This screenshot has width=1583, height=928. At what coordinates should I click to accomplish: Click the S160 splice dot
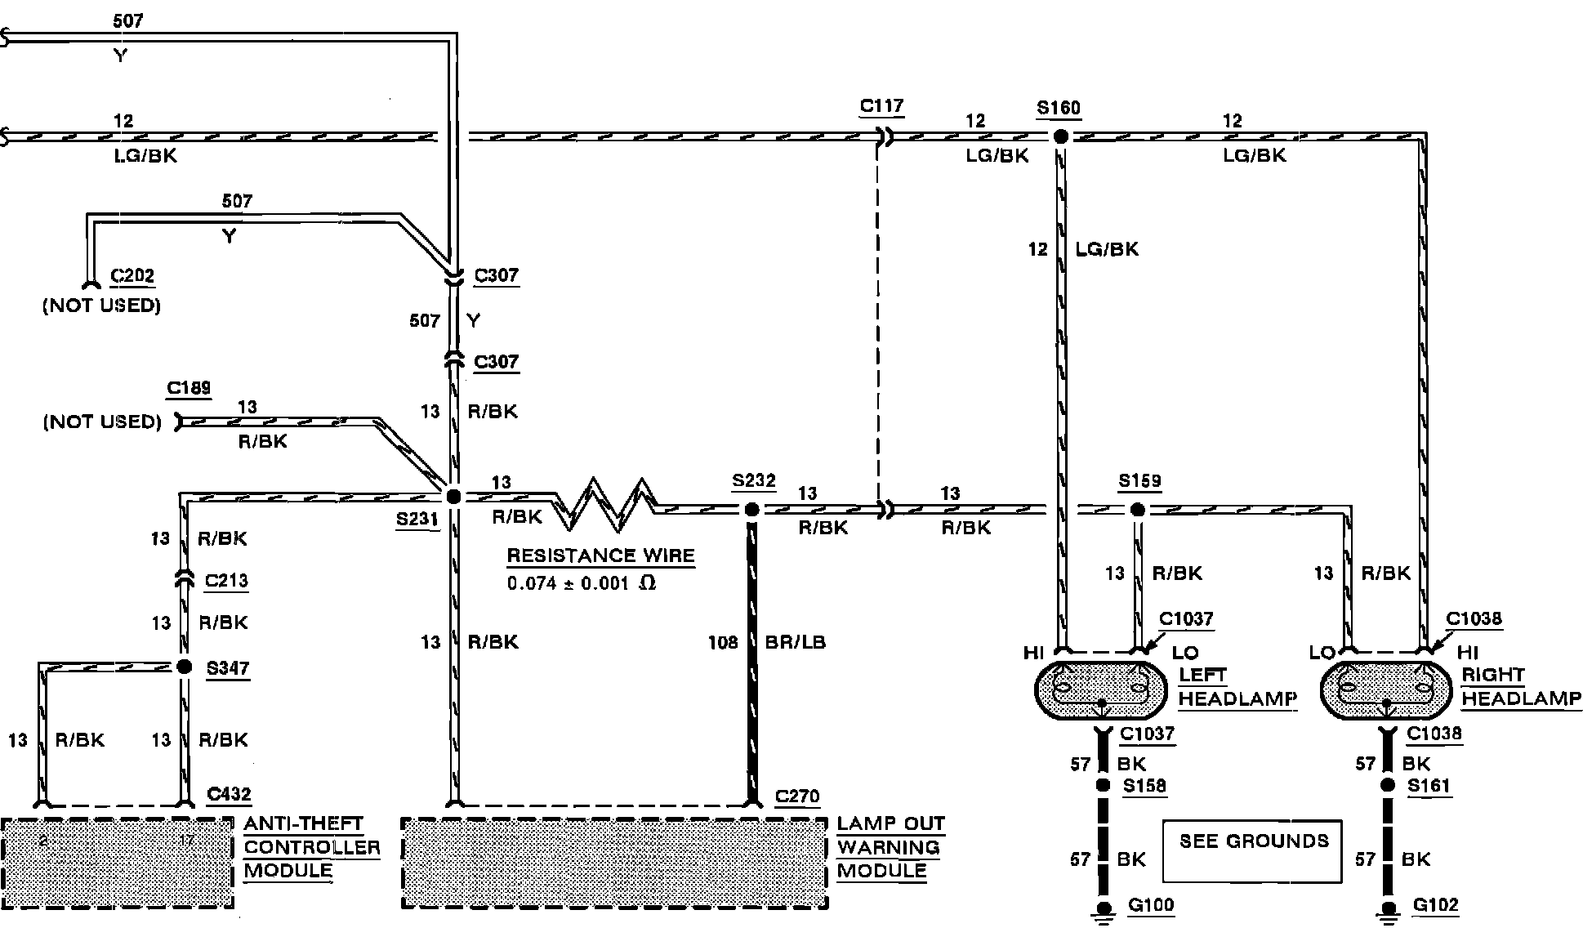point(1060,136)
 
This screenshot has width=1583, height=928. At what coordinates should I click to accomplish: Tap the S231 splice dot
point(453,496)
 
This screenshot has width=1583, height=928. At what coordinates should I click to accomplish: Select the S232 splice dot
point(751,510)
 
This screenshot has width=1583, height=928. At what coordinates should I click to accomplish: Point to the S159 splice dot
point(1137,510)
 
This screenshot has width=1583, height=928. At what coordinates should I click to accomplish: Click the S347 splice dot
point(185,667)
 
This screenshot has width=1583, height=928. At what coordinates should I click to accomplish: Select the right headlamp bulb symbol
point(1385,691)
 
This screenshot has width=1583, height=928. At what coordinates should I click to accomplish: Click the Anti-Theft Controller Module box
point(117,863)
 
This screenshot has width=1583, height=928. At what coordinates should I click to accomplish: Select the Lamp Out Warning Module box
point(614,863)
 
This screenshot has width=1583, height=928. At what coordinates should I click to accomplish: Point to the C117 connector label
point(881,106)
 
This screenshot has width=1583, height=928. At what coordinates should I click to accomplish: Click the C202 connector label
point(132,276)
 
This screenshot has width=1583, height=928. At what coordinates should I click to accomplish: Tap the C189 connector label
point(189,387)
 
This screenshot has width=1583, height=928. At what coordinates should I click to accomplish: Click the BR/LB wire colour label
point(795,642)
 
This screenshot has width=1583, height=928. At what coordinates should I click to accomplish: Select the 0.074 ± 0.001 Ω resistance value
point(581,583)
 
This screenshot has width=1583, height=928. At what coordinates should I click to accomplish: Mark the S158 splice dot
point(1103,785)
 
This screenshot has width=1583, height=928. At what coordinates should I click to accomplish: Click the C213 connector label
point(226,581)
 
